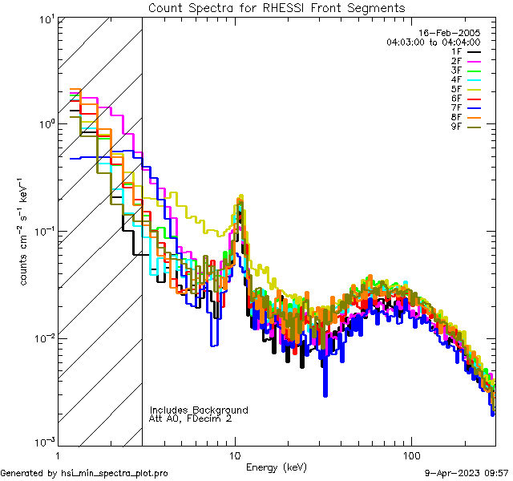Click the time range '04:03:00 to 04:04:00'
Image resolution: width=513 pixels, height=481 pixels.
coord(433,42)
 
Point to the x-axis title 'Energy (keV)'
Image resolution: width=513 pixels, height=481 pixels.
coord(277,467)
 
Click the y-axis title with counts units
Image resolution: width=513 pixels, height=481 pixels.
coord(26,232)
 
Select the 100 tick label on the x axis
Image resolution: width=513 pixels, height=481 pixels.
coord(410,454)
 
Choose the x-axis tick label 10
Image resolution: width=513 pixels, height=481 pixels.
coord(234,454)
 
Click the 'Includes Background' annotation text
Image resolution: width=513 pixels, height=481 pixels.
coord(199,410)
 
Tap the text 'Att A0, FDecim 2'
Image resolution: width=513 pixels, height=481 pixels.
coord(191,418)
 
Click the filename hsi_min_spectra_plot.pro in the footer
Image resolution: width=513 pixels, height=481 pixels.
coord(115,473)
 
